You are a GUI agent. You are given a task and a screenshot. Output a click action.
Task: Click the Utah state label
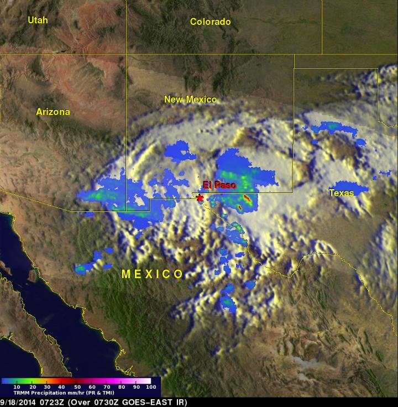(x=38, y=20)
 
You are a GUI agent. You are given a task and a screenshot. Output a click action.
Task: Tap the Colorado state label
(x=210, y=22)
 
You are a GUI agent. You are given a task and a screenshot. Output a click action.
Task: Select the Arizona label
(x=53, y=112)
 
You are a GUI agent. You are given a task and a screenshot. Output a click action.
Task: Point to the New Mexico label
(x=190, y=100)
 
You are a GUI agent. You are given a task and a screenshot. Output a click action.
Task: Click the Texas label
(x=341, y=193)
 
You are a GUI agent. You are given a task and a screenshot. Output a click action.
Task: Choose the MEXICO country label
(x=152, y=274)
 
